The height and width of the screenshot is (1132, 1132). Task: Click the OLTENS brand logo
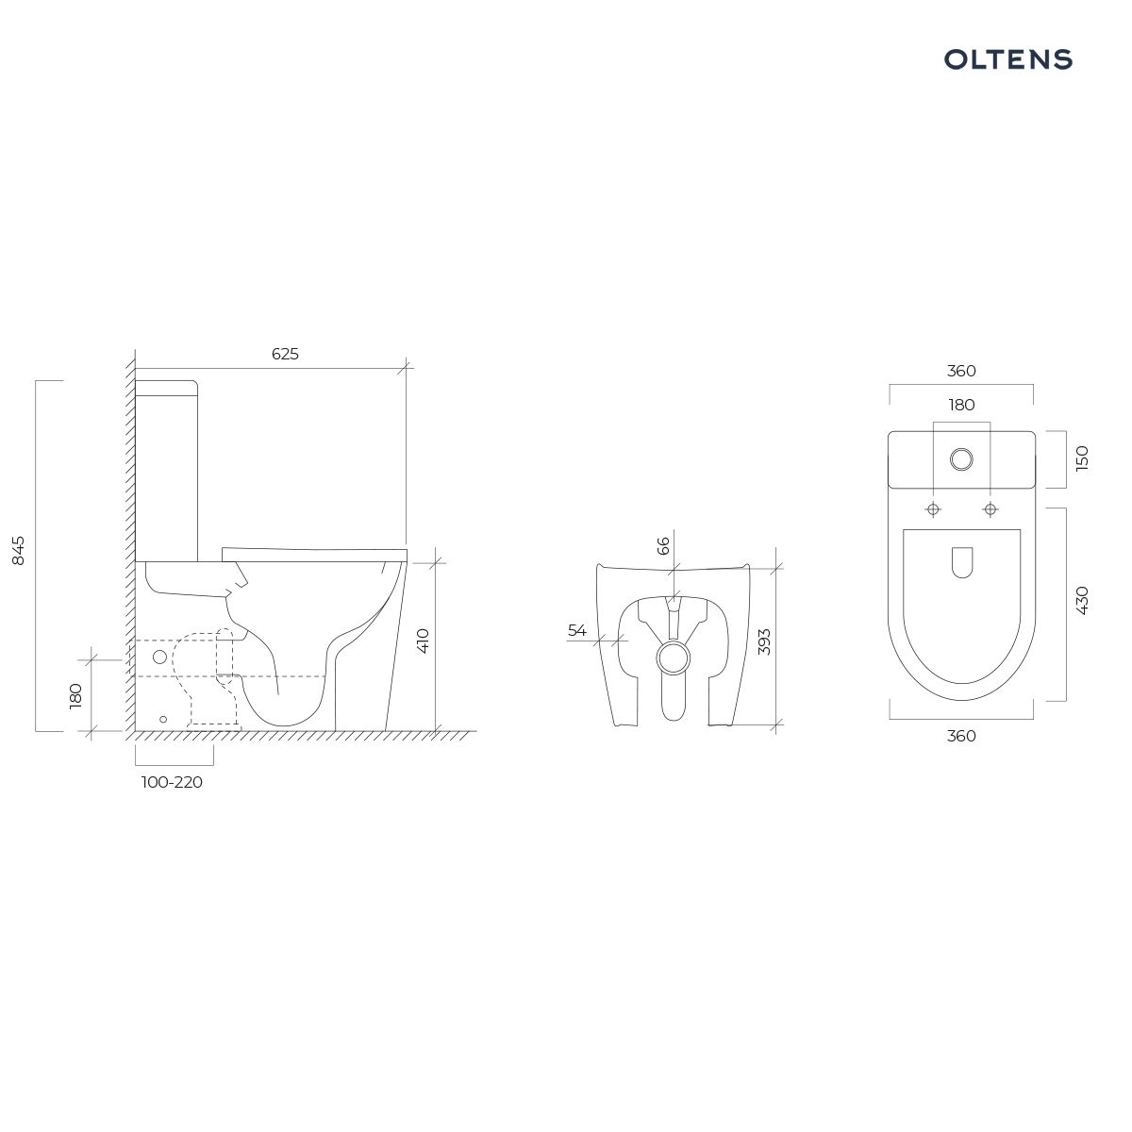(1007, 59)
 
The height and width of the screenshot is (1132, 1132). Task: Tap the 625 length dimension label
(285, 354)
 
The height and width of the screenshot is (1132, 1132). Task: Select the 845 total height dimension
(19, 550)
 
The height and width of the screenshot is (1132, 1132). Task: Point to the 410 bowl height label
(423, 641)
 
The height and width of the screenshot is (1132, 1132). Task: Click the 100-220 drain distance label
(172, 782)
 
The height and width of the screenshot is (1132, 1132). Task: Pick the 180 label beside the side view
(75, 695)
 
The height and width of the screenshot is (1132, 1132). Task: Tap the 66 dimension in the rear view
(663, 545)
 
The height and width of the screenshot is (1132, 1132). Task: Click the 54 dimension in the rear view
(577, 630)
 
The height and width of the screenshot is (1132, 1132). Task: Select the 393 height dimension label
(764, 642)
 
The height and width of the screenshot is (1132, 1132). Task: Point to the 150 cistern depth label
(1082, 458)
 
